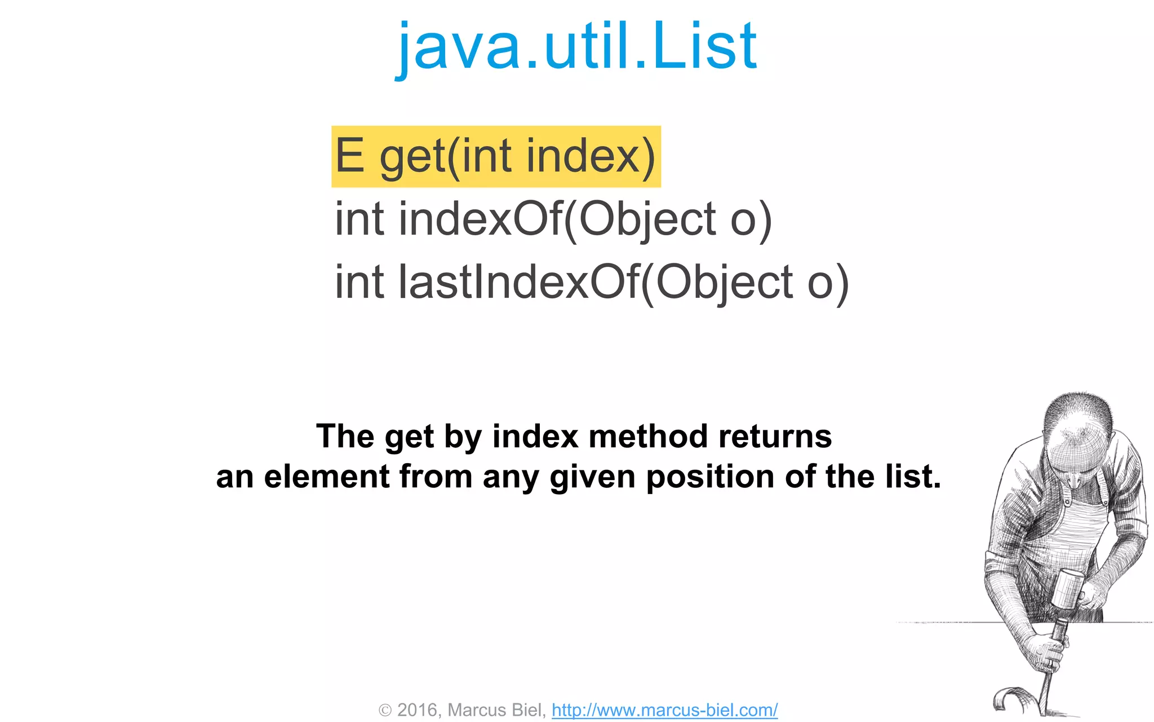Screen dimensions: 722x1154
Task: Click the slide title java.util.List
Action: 577,46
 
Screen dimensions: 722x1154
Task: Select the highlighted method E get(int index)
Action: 496,156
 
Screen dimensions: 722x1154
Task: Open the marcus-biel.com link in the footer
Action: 664,710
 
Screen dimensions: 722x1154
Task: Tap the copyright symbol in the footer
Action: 385,710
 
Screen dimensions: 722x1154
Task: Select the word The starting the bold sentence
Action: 345,437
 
